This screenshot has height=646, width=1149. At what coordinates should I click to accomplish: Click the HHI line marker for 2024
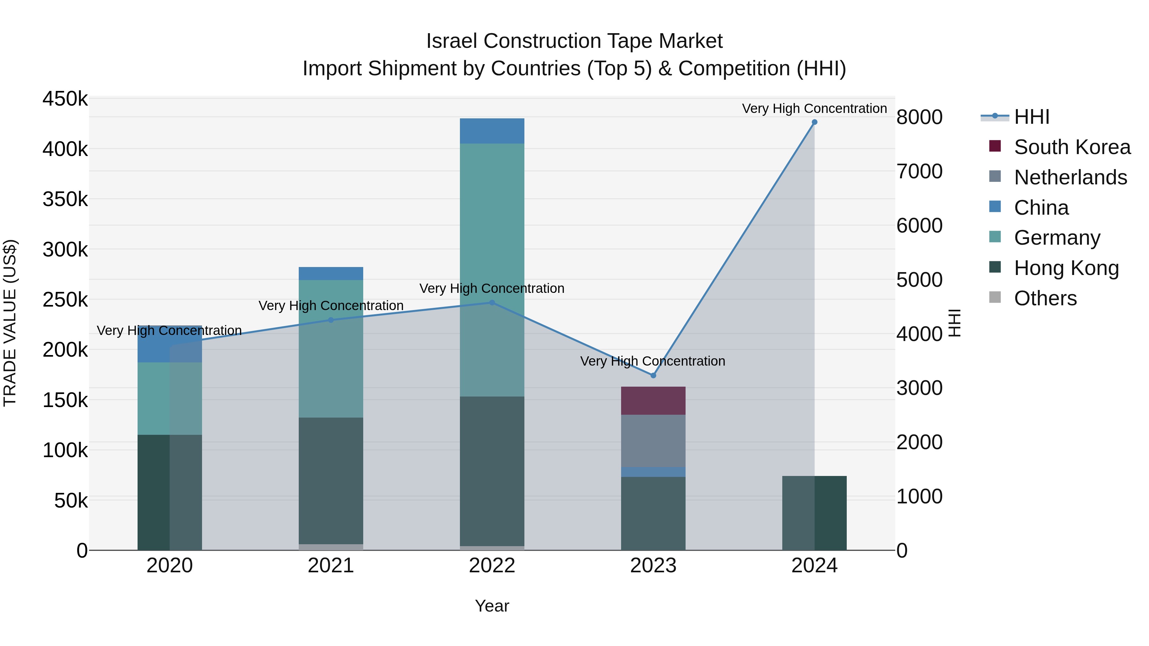[815, 122]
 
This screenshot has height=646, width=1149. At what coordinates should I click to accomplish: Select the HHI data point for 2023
[653, 375]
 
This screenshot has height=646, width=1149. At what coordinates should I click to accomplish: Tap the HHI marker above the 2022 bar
[492, 303]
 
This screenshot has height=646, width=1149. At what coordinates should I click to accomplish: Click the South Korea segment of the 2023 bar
[653, 401]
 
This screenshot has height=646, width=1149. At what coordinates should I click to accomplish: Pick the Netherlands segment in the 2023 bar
[653, 441]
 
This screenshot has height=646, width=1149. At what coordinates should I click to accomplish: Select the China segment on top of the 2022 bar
[492, 131]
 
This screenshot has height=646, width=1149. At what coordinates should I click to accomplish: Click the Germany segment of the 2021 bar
[331, 349]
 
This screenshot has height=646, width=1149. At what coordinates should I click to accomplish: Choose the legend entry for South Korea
[1072, 147]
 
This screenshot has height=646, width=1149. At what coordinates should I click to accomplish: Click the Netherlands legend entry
[1070, 177]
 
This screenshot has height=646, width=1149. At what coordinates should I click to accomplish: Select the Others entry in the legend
[1045, 298]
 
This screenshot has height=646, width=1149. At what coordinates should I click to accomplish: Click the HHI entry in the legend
[1031, 117]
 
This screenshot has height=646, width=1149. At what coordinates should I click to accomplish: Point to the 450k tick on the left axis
[65, 99]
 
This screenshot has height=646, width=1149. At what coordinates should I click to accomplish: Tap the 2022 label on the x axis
[492, 566]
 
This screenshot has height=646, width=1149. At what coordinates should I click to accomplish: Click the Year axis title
[492, 606]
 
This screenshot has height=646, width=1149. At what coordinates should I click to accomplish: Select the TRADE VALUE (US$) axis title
[10, 323]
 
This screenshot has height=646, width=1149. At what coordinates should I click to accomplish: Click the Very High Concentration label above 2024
[815, 109]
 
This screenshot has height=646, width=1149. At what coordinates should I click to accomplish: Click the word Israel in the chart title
[452, 41]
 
